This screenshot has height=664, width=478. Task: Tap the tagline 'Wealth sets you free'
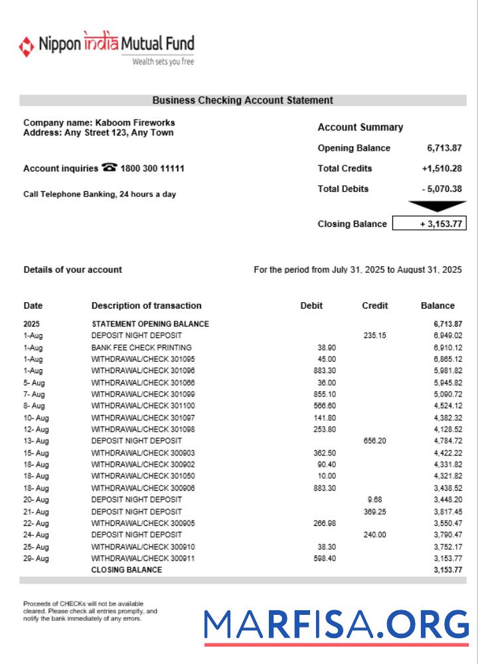163,62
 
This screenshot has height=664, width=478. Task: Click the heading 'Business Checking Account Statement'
242,100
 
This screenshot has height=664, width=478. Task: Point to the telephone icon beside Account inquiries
110,168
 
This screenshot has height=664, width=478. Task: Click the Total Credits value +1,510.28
441,169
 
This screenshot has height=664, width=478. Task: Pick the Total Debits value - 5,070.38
441,189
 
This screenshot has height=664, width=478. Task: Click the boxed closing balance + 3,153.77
430,224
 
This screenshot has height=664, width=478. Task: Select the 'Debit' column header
311,306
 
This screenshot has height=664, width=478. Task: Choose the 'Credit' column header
375,306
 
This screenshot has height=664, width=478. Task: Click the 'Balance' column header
438,306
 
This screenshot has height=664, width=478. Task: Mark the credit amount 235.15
374,336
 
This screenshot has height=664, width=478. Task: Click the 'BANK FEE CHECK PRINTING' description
141,347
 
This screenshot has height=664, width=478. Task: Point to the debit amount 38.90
327,347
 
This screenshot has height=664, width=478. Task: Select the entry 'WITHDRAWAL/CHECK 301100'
143,406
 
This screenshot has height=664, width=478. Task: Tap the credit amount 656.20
374,441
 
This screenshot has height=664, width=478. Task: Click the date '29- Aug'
36,558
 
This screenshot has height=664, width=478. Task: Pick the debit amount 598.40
325,558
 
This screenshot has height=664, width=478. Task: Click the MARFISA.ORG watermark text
336,625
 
